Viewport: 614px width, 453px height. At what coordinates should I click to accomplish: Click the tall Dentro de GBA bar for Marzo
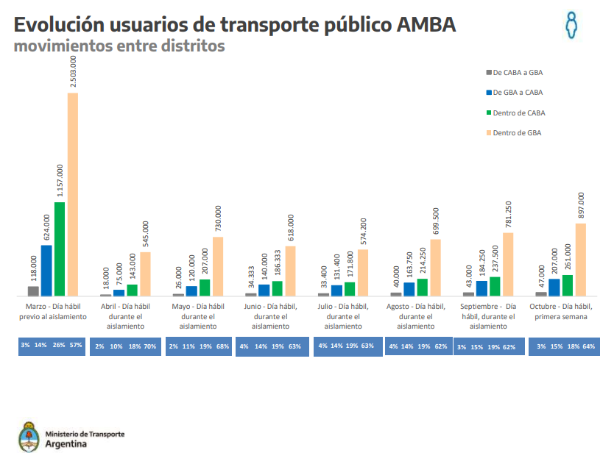tap(72, 195)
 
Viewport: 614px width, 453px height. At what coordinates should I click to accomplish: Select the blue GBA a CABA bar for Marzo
tap(46, 270)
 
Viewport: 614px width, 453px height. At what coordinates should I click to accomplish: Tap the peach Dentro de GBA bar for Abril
tap(145, 274)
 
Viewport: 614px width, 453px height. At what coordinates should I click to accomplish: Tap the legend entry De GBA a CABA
tap(518, 92)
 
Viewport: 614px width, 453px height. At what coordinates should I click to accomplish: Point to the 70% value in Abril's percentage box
tap(150, 346)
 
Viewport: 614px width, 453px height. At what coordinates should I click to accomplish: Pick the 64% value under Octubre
tap(588, 346)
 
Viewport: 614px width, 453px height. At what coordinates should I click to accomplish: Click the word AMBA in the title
tap(426, 24)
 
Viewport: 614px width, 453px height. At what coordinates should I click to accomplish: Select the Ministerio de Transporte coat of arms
tap(28, 436)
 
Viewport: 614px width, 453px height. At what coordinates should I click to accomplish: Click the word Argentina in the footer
tap(66, 443)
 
